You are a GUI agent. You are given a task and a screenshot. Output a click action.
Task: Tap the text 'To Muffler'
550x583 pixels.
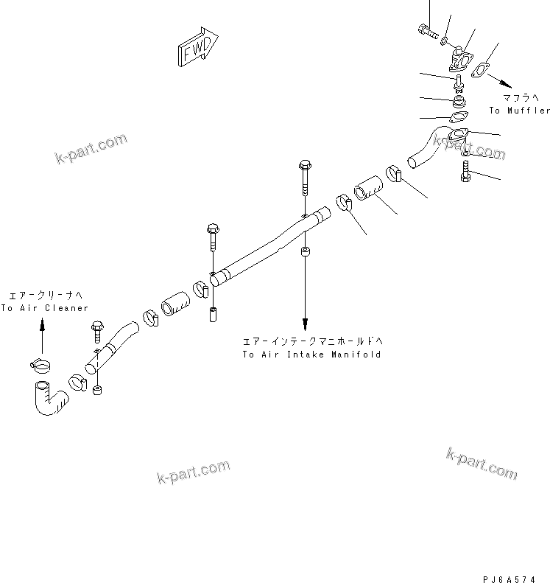(x=519, y=111)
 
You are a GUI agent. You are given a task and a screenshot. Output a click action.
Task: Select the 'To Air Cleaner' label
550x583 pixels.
(x=44, y=308)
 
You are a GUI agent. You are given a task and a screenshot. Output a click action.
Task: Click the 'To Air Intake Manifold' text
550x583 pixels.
(x=311, y=355)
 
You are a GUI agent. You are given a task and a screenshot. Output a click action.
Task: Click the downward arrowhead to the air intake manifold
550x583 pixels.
(x=305, y=321)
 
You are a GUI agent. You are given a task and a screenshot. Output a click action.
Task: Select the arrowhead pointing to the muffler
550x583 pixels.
(x=507, y=85)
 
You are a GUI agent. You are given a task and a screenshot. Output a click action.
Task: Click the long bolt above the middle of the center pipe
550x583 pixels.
(x=305, y=177)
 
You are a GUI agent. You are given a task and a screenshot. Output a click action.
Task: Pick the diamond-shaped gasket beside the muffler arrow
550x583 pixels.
(x=481, y=71)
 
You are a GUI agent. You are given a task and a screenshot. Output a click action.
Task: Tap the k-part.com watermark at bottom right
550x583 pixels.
(x=482, y=461)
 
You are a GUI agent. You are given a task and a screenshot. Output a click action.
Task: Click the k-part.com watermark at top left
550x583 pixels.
(x=91, y=148)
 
